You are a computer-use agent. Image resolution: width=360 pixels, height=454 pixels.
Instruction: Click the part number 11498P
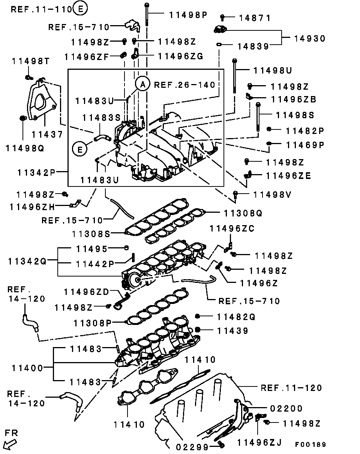pyautogui.click(x=188, y=15)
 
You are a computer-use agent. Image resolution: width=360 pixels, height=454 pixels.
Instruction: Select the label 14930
pyautogui.click(x=310, y=39)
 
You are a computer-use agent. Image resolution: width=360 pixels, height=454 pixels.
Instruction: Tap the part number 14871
pyautogui.click(x=255, y=18)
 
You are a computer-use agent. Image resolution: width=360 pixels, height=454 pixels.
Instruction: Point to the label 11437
pyautogui.click(x=47, y=134)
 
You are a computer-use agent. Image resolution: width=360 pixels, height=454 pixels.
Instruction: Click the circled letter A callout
pyautogui.click(x=143, y=84)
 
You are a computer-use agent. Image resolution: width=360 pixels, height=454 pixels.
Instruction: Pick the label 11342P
pyautogui.click(x=36, y=173)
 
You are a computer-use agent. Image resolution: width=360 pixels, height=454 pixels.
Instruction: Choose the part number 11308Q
pyautogui.click(x=243, y=213)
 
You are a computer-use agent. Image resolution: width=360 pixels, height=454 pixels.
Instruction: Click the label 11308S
pyautogui.click(x=91, y=234)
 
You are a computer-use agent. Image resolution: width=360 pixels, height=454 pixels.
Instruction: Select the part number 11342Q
pyautogui.click(x=27, y=262)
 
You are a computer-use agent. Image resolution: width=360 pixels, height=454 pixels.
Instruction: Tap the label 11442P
pyautogui.click(x=95, y=264)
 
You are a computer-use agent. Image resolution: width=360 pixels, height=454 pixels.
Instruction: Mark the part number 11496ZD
pyautogui.click(x=87, y=292)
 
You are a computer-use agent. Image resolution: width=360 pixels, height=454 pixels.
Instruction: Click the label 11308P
pyautogui.click(x=93, y=323)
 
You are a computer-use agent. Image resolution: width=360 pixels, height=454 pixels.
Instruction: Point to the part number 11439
pyautogui.click(x=233, y=331)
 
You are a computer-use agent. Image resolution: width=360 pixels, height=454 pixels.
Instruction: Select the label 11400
pyautogui.click(x=27, y=368)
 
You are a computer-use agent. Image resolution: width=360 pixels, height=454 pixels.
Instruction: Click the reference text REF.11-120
pyautogui.click(x=291, y=388)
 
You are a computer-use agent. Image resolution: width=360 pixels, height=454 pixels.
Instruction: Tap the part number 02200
pyautogui.click(x=286, y=409)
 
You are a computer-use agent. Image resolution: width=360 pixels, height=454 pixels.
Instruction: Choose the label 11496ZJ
pyautogui.click(x=259, y=443)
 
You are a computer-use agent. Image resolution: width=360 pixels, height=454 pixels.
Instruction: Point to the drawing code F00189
pyautogui.click(x=310, y=445)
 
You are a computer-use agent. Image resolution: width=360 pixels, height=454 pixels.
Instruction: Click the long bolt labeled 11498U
pyautogui.click(x=235, y=76)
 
